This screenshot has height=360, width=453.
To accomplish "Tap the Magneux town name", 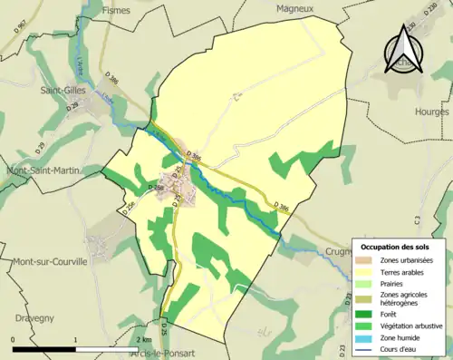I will click(x=294, y=8).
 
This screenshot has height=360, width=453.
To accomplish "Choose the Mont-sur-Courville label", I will click(x=50, y=261).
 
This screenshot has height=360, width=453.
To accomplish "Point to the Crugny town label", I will click(x=336, y=250).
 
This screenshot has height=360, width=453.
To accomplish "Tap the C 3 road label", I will click(x=416, y=219).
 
